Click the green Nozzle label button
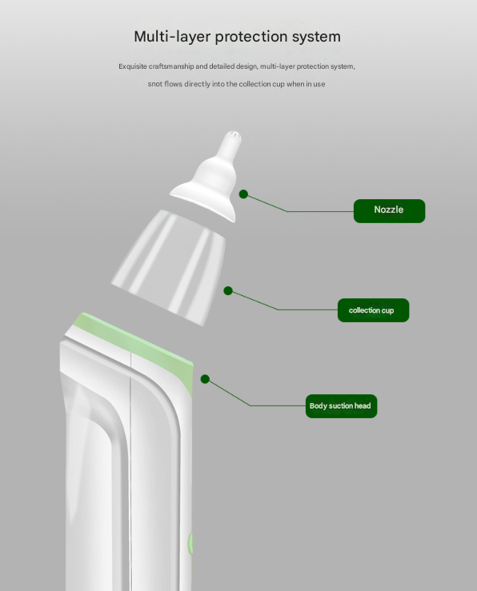(x=389, y=210)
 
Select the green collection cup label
(x=373, y=310)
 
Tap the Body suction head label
(x=340, y=406)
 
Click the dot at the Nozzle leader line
(x=243, y=194)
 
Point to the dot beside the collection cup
(x=228, y=291)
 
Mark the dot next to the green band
(x=205, y=378)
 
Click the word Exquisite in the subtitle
(x=134, y=66)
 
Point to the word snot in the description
(x=155, y=84)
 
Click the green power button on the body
(x=190, y=544)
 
